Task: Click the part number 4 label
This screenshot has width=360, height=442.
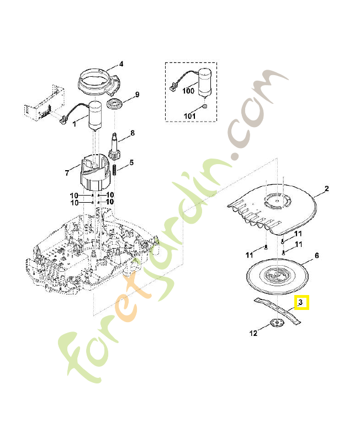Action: point(121,64)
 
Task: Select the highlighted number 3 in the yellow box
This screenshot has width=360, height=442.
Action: point(301,303)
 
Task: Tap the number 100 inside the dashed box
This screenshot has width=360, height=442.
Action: point(188,91)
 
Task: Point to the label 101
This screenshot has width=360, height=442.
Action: point(189,116)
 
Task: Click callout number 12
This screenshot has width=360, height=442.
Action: point(253,333)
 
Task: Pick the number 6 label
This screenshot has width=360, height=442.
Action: point(317,256)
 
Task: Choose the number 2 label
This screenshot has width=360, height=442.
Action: point(326,189)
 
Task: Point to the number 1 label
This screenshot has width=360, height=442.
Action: point(75,124)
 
